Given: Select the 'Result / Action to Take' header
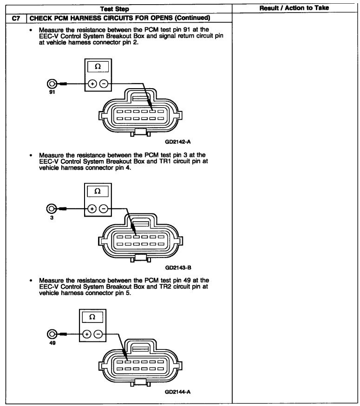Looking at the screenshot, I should tap(294, 8).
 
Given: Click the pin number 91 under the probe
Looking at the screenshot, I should tap(52, 91).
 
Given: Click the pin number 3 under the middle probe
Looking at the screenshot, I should tap(52, 217).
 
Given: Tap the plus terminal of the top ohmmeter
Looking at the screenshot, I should tap(92, 84).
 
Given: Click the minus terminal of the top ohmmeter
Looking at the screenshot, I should tap(104, 84).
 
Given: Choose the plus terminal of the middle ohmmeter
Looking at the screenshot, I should tap(92, 209).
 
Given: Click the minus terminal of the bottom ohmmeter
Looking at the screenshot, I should tap(98, 334).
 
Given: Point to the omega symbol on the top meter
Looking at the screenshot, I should tap(98, 67).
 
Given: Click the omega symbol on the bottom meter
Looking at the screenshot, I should tap(92, 317).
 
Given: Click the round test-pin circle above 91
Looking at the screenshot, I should tap(52, 84).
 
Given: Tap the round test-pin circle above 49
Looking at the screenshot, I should tap(52, 334).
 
